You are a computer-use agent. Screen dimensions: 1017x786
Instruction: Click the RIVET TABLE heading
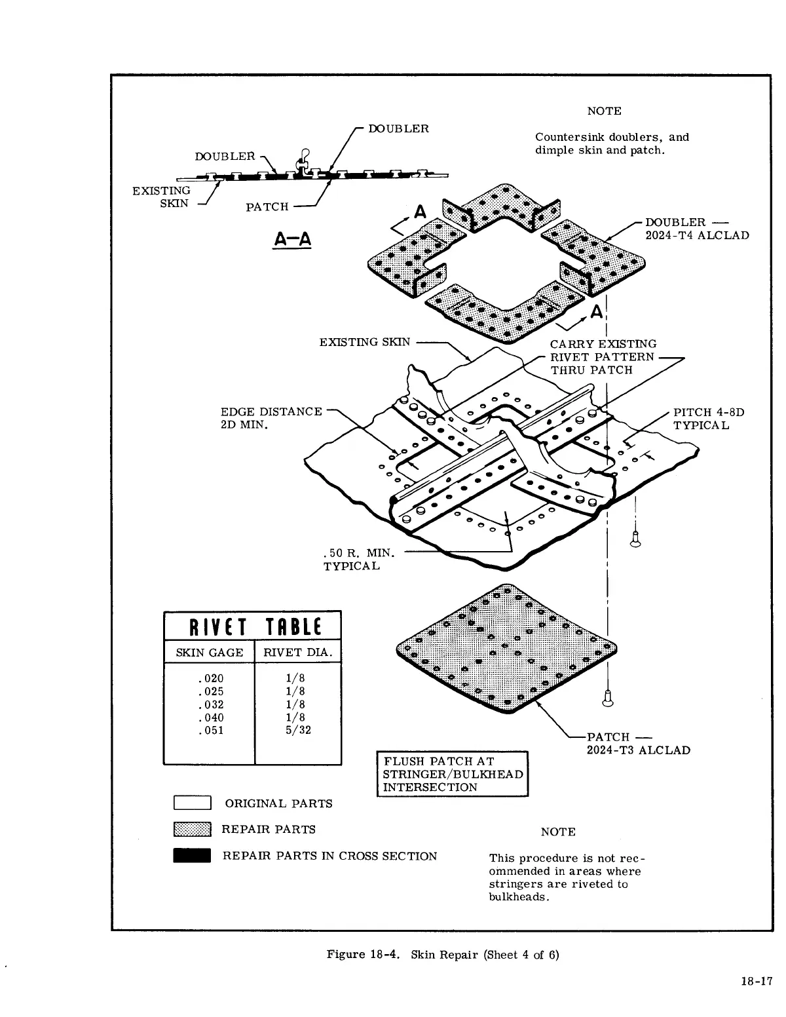tap(252, 627)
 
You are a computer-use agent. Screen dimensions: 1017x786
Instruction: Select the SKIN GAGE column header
tap(209, 653)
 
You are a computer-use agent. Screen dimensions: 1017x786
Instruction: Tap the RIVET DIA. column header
tap(298, 653)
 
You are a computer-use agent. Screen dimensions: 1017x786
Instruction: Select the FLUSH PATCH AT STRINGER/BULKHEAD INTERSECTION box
tap(453, 774)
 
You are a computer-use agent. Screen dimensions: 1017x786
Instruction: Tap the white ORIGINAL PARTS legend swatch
tap(192, 803)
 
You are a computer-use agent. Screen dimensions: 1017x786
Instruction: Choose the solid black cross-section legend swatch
tap(192, 856)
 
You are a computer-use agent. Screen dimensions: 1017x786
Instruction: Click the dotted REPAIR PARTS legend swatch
tap(192, 830)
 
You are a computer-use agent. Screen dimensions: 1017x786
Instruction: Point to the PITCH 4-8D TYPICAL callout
tap(709, 419)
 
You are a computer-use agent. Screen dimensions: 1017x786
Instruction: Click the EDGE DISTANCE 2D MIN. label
tap(271, 418)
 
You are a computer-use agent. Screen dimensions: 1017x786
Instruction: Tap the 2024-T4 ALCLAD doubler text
tap(697, 236)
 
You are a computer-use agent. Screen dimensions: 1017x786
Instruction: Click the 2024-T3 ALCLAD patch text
tap(638, 750)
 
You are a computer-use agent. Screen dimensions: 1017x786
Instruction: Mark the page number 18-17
tap(756, 981)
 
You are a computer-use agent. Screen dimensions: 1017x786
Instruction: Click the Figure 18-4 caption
tap(443, 954)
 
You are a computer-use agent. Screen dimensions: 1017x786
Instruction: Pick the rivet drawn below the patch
tap(608, 699)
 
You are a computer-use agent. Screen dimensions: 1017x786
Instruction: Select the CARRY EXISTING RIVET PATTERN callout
tap(603, 356)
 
